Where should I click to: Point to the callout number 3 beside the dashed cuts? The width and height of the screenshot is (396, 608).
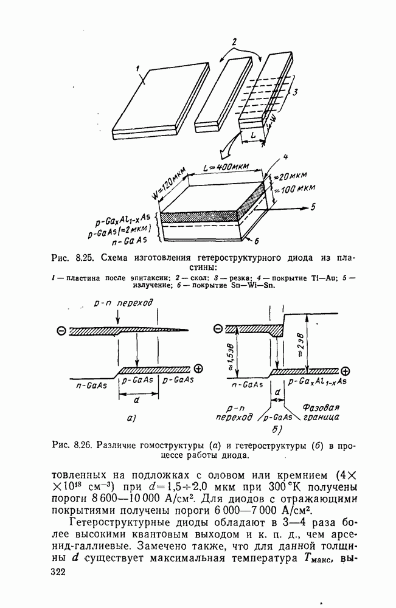(x=295, y=92)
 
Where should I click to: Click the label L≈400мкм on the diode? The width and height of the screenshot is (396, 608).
(x=228, y=167)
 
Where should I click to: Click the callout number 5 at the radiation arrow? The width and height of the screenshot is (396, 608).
(x=313, y=207)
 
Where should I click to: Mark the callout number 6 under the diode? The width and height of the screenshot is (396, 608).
(x=256, y=241)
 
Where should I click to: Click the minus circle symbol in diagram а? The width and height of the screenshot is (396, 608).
(x=61, y=330)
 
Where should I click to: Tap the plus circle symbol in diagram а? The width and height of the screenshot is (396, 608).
(x=198, y=368)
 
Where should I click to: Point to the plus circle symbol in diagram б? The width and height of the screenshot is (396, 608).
(x=345, y=371)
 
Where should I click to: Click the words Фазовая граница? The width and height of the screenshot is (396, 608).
(x=321, y=412)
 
